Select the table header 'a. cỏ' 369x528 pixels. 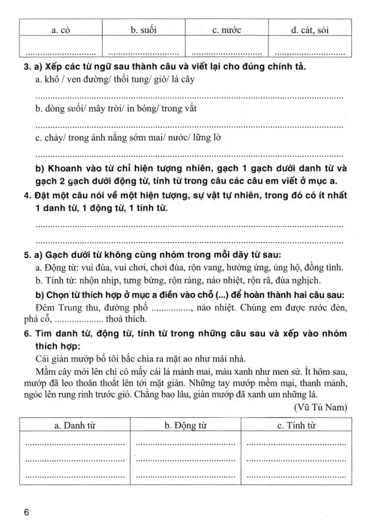point(61,30)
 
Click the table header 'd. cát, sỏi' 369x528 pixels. point(310,30)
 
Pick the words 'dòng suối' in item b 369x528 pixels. point(60,109)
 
